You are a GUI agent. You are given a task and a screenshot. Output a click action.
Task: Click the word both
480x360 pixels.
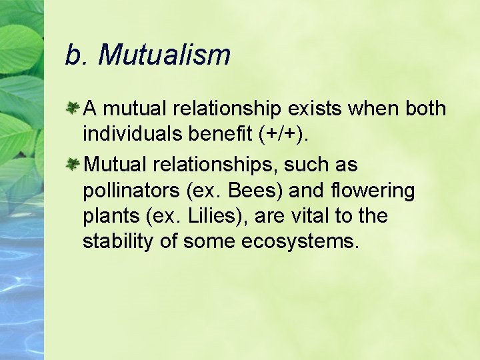click(424, 109)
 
